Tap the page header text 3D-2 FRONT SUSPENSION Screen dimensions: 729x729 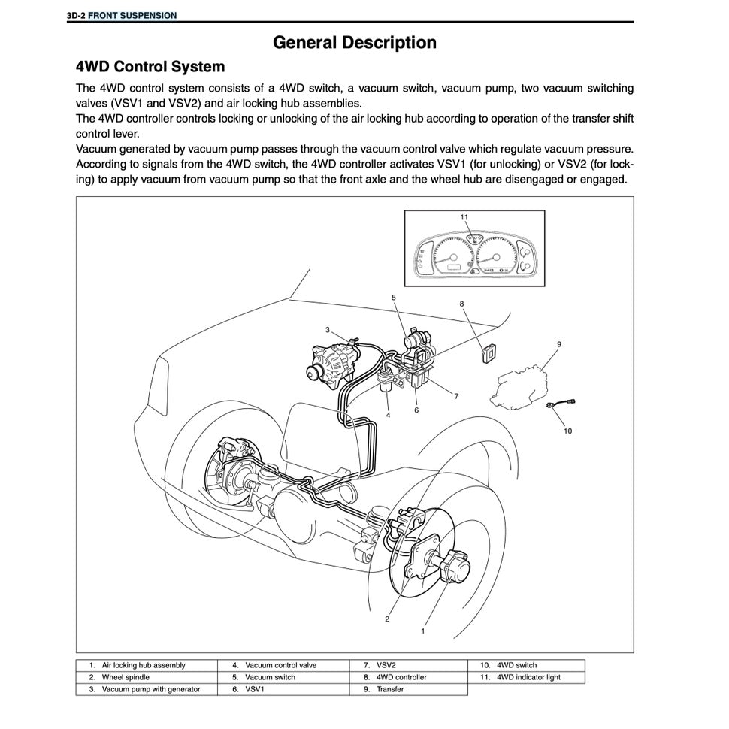point(122,15)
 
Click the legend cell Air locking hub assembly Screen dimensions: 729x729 point(143,665)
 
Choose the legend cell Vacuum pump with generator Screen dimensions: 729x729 point(150,689)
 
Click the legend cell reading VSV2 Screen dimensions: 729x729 point(386,665)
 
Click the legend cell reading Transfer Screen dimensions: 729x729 point(390,689)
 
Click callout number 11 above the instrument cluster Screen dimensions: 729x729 point(464,216)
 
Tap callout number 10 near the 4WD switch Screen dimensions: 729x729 point(567,431)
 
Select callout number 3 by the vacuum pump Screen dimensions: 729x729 point(328,329)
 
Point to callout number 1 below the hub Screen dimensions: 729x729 point(423,631)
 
